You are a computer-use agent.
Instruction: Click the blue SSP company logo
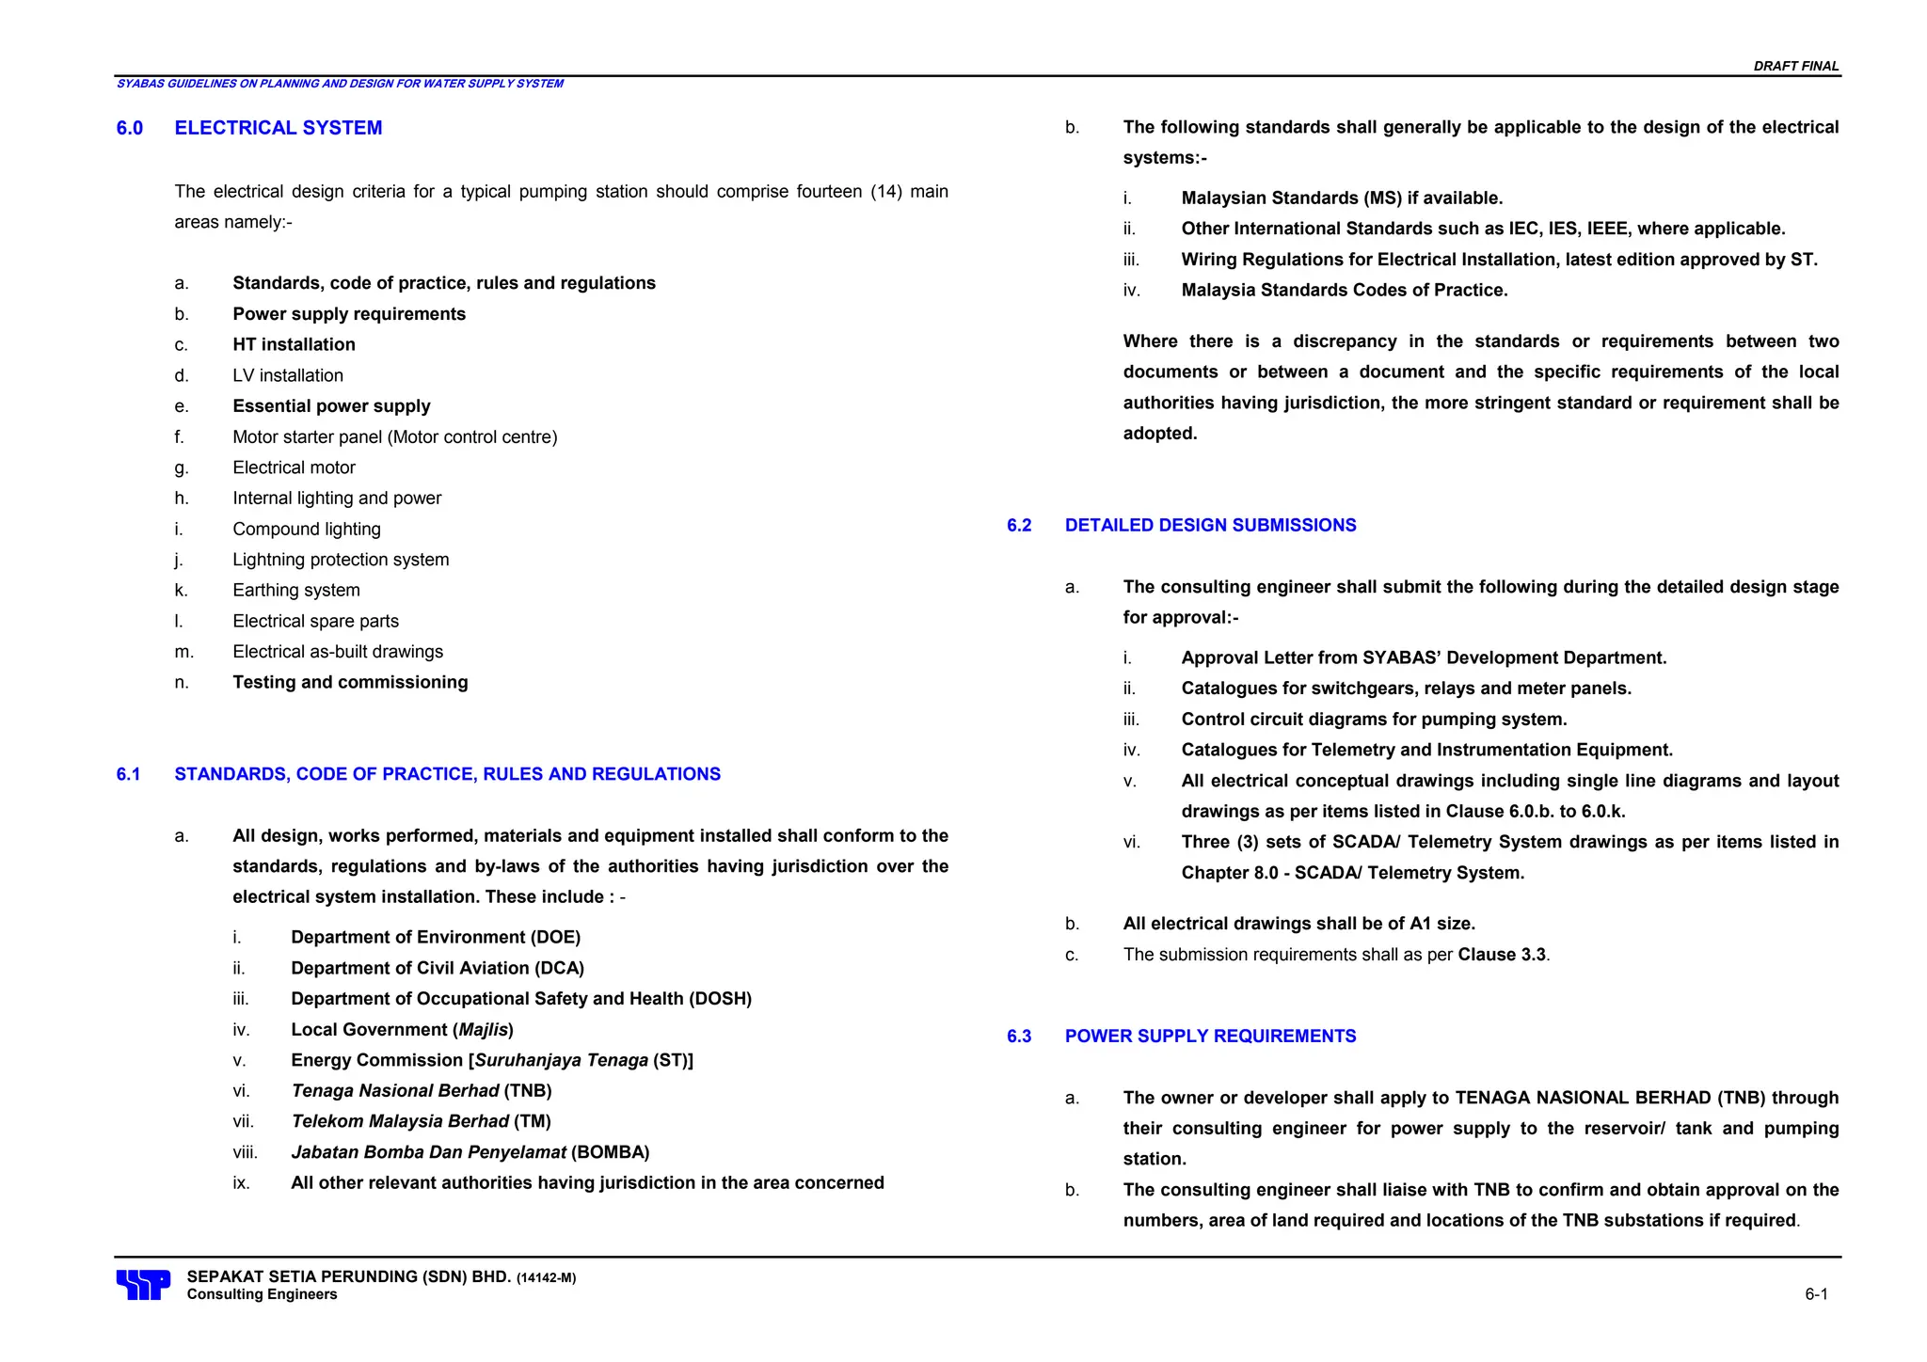(x=143, y=1284)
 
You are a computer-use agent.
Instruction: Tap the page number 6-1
(x=1815, y=1294)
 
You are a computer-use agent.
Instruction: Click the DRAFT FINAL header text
(x=1795, y=66)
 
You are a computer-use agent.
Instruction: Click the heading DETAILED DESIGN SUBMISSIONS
(x=1210, y=525)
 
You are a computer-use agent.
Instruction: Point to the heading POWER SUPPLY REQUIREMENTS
(x=1210, y=1036)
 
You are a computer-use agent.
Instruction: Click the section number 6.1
(x=128, y=774)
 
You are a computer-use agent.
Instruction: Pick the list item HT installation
(x=294, y=344)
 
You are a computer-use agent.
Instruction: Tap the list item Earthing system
(x=296, y=590)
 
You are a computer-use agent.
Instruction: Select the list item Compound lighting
(x=307, y=529)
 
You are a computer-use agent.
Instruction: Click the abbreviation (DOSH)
(x=720, y=998)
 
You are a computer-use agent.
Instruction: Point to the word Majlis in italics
(x=484, y=1029)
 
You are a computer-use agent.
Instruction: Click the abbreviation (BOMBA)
(x=610, y=1152)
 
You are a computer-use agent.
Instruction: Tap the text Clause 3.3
(x=1502, y=955)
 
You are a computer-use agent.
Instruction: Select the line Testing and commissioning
(x=350, y=682)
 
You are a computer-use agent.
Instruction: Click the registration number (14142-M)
(x=546, y=1278)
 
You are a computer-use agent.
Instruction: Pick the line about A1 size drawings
(x=1298, y=924)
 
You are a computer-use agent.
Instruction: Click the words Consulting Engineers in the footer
(x=262, y=1294)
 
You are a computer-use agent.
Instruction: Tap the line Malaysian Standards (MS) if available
(x=1342, y=198)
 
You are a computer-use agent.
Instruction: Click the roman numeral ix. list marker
(x=242, y=1183)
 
